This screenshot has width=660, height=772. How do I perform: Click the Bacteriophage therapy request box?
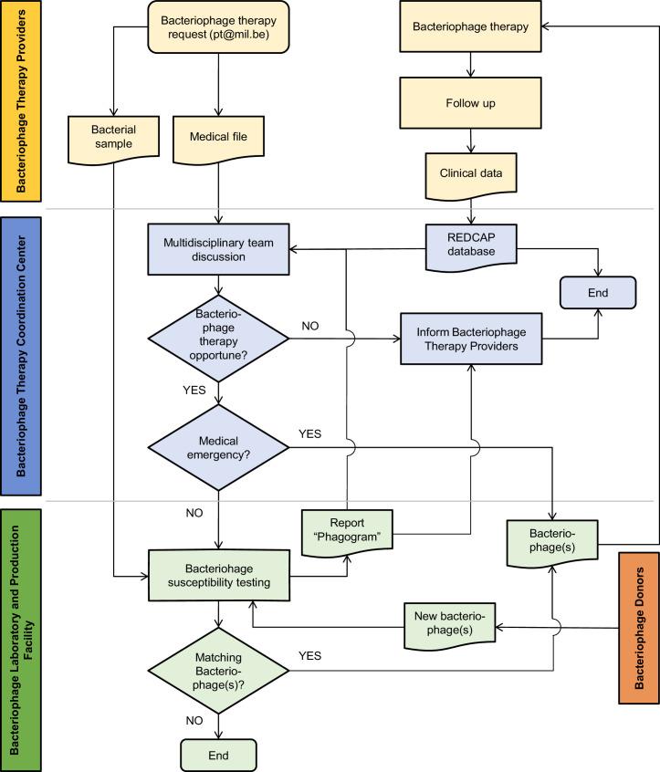coord(218,28)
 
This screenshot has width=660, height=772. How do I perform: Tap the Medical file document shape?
coord(218,138)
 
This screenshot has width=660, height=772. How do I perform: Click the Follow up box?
coord(470,103)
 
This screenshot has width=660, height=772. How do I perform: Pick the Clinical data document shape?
coord(470,173)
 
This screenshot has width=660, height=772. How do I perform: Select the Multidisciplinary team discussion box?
coord(218,249)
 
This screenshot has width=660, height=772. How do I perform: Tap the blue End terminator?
coord(597,293)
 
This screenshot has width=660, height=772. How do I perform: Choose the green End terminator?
coord(218,754)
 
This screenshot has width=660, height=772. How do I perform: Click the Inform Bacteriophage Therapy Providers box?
coord(470,339)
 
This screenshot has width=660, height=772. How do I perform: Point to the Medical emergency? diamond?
coord(218,446)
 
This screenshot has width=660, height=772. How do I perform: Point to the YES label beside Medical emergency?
coord(310,433)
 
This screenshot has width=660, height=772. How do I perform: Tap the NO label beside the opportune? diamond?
coord(309,326)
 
